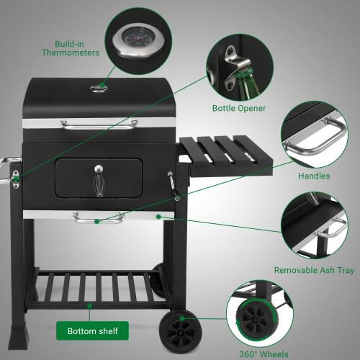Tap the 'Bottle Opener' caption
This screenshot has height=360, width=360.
tap(239, 109)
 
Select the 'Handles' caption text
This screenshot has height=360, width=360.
tap(314, 176)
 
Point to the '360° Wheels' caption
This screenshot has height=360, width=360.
tap(264, 354)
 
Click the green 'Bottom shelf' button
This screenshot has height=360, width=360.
tap(93, 331)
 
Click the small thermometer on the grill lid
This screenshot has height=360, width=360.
tap(99, 89)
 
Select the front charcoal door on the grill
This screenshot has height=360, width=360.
tap(99, 178)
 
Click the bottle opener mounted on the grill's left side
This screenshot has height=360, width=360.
tap(14, 179)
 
